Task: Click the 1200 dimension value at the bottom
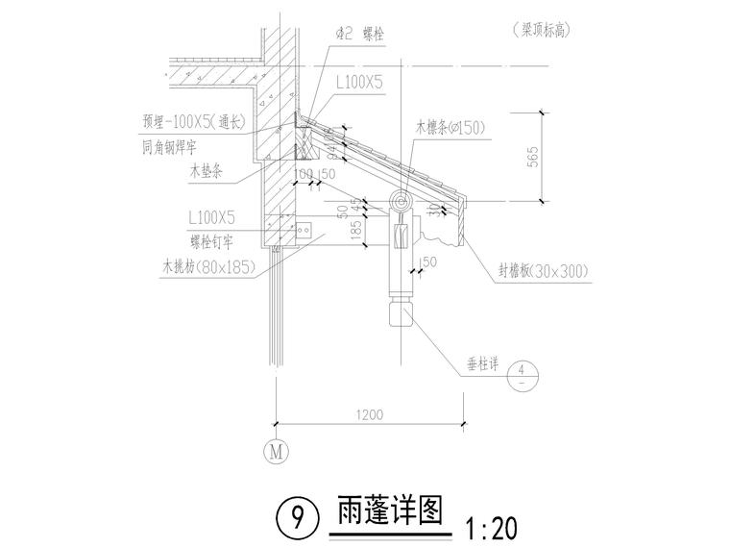(x=370, y=415)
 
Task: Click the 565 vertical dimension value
(x=534, y=156)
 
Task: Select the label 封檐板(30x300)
(x=543, y=272)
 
